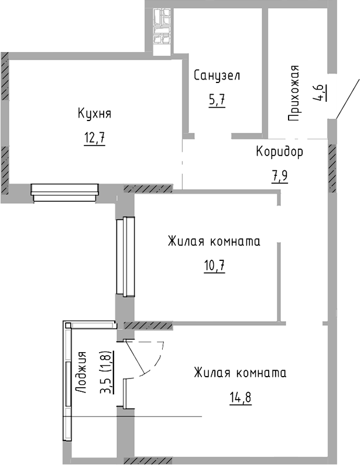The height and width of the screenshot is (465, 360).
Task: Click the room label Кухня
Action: click(x=94, y=113)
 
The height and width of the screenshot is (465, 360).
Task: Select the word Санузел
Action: click(x=217, y=75)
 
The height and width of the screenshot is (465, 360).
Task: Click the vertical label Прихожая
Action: click(x=296, y=93)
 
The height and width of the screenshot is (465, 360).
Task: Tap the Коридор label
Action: click(x=280, y=152)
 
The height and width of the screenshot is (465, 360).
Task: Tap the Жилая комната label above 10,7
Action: click(x=214, y=241)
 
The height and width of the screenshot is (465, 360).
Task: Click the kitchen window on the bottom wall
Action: click(x=64, y=192)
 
